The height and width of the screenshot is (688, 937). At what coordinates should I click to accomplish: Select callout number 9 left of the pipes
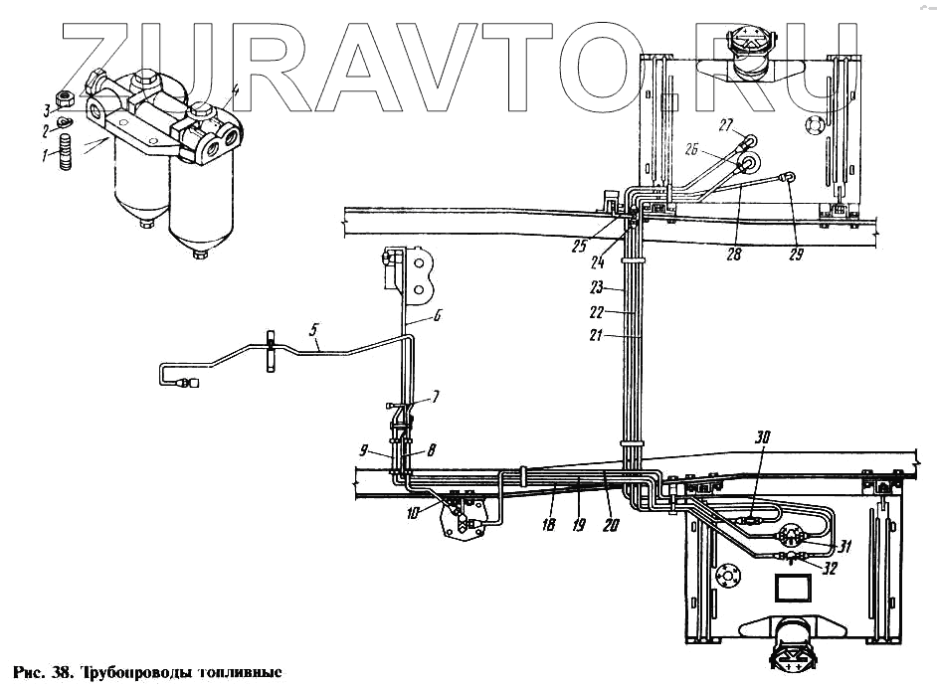(365, 447)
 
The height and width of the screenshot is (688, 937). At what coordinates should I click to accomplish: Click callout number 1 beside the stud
(44, 154)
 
